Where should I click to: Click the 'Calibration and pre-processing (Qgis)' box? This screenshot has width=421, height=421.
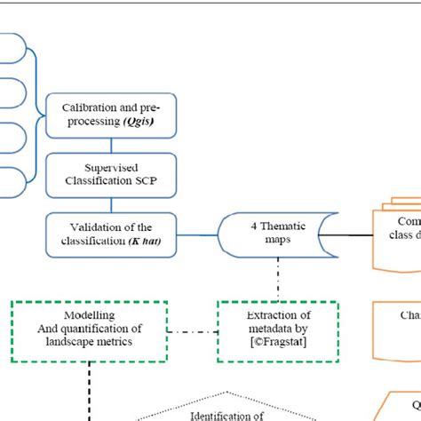[x=112, y=115]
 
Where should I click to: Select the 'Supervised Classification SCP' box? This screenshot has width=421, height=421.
[x=112, y=175]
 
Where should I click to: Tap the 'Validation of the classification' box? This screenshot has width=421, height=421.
[x=112, y=233]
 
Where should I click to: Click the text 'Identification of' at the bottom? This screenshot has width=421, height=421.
[x=226, y=414]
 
